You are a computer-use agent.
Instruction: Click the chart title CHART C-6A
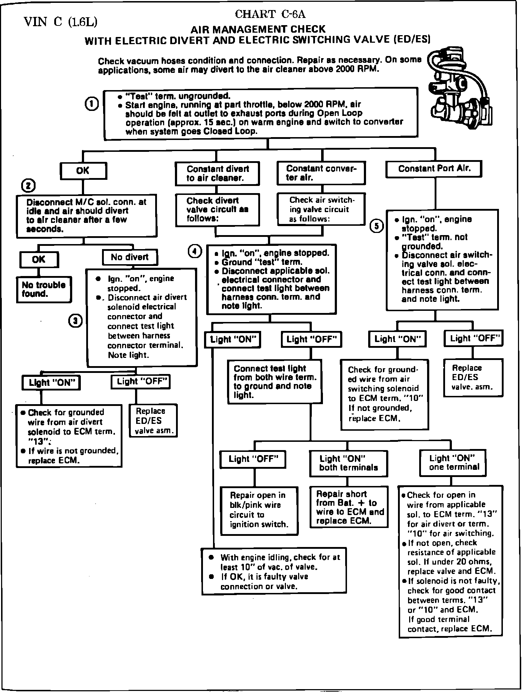pos(270,14)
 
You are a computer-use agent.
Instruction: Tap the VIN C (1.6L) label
pos(60,22)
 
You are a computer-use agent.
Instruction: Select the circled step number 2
pos(28,186)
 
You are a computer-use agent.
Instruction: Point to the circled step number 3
pos(75,321)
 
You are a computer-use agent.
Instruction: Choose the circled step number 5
pos(376,226)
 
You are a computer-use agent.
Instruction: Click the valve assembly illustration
pos(460,90)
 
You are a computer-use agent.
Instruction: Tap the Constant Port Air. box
pos(434,169)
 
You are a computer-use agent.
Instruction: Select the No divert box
pos(130,257)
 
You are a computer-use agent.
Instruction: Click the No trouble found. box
pos(44,290)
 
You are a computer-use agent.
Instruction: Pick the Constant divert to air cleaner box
pos(217,174)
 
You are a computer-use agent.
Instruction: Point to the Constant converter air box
pos(321,173)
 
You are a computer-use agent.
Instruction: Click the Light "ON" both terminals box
pos(349,463)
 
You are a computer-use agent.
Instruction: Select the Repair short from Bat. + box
pos(349,507)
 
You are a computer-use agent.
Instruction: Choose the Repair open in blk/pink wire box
pos(259,510)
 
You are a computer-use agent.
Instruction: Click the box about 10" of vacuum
pos(274,571)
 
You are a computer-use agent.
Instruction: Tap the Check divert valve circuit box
pos(217,210)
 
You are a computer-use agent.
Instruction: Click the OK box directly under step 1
pos(83,171)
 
